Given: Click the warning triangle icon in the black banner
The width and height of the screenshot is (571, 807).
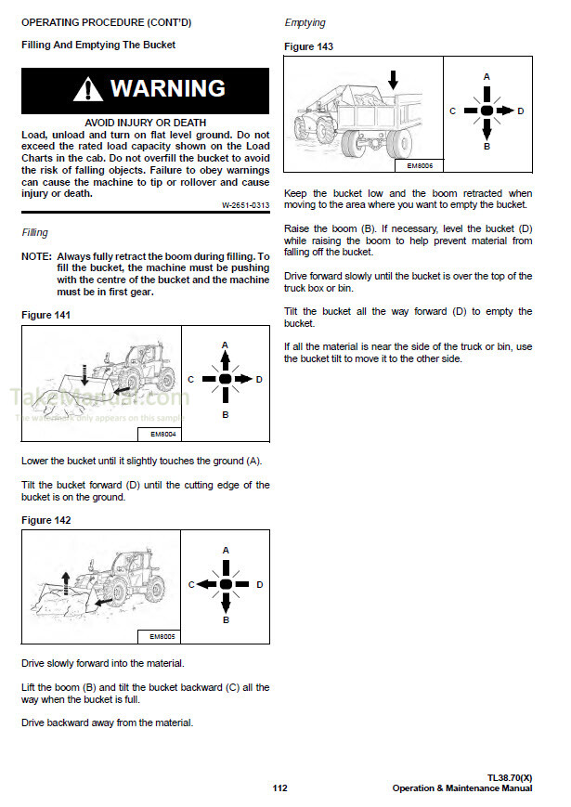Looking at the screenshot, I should pos(89,90).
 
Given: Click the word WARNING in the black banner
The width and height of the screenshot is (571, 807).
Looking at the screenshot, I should pos(167,89).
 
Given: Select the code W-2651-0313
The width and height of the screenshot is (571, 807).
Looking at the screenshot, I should pos(245,205).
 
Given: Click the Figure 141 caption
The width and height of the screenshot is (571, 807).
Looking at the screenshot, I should pos(45,316).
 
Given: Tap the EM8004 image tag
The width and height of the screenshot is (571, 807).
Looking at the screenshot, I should pos(163,434).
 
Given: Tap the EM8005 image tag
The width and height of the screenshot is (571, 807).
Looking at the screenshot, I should pos(163,637).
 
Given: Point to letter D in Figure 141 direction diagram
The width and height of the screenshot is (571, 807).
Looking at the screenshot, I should pos(259,379).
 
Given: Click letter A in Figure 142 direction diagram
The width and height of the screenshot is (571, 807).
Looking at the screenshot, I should pos(225,551).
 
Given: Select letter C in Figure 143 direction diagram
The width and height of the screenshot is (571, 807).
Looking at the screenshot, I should pos(452,111).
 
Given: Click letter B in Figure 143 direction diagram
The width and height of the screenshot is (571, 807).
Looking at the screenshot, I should pos(487,147).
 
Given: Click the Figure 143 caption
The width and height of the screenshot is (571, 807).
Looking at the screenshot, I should pos(308,46).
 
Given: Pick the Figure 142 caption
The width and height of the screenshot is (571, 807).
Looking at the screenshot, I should pos(45,520).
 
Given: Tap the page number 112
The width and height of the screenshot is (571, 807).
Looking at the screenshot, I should pos(280,788).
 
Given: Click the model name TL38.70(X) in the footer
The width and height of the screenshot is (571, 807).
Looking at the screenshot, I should pos(509,777).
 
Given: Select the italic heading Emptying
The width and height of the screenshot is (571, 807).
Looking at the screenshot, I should pos(305,22).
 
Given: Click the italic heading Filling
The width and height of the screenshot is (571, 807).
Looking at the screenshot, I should pos(34,232).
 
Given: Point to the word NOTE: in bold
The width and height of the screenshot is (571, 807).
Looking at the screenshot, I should pos(36,255).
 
